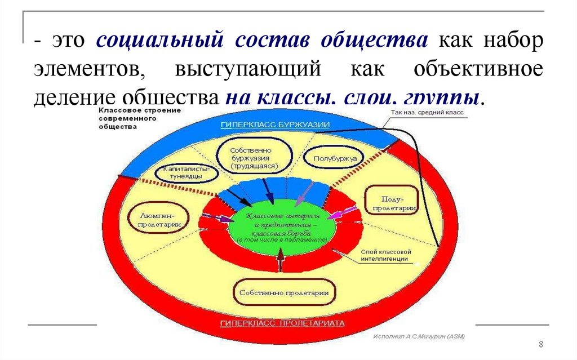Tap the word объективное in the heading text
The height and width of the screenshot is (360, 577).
478,70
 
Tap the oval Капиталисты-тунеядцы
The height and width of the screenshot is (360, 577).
186,172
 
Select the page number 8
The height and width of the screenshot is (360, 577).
540,344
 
